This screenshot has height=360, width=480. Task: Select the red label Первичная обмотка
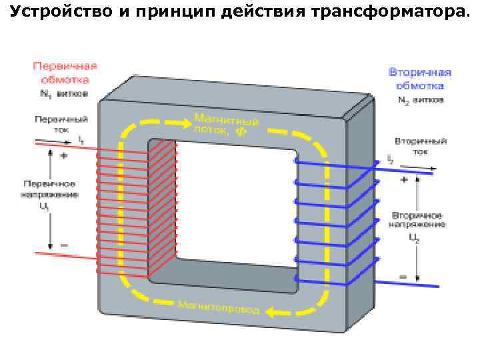coord(65,72)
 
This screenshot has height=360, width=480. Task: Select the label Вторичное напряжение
coord(418,221)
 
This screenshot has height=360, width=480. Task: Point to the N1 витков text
coord(63,94)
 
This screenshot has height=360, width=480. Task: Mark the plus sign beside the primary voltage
coord(64,155)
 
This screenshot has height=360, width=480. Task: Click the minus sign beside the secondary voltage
coord(403,275)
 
